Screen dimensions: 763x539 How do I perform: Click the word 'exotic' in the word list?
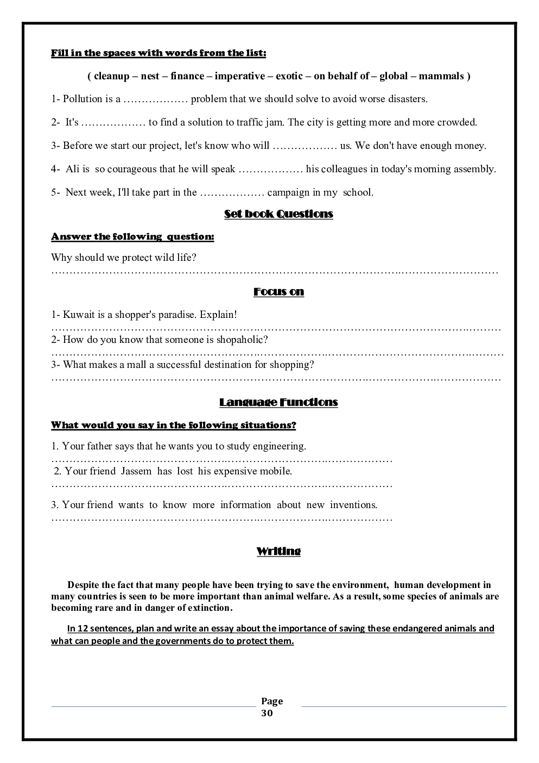289,76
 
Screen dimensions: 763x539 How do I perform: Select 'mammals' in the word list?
441,76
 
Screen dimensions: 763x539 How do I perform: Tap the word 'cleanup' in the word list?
111,76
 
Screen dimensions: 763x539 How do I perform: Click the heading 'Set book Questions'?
278,214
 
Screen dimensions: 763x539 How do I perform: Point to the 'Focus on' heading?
278,292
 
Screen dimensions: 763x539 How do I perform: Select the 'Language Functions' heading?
278,402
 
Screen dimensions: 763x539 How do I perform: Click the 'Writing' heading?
278,551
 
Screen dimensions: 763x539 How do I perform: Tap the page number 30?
267,713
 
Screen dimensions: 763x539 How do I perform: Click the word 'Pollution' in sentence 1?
83,99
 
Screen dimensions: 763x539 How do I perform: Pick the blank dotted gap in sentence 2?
113,123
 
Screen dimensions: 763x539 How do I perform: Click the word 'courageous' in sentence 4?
132,169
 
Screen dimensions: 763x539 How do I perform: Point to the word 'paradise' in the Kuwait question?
177,315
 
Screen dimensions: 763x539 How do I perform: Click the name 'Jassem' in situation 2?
136,471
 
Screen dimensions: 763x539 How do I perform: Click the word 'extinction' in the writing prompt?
208,608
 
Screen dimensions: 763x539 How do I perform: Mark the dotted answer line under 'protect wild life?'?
275,271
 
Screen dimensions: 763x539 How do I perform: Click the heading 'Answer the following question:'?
132,237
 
